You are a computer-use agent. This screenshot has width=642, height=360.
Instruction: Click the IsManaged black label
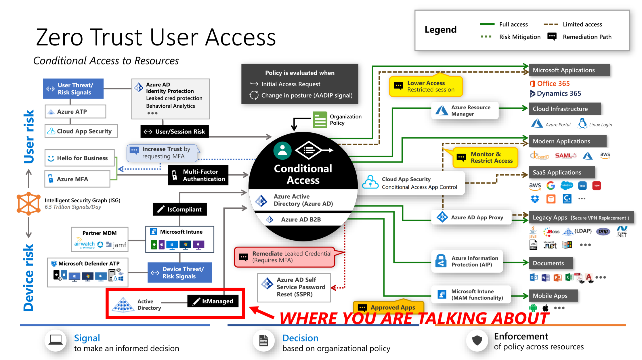click(x=213, y=301)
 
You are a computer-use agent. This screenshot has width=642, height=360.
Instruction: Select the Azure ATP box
click(x=75, y=112)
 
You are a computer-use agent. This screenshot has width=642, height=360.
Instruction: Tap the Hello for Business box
click(x=79, y=158)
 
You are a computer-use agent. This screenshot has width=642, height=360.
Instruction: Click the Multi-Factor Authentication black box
click(x=198, y=175)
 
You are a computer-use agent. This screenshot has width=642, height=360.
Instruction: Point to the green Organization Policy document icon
click(x=320, y=119)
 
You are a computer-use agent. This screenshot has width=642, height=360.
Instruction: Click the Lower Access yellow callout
click(x=426, y=86)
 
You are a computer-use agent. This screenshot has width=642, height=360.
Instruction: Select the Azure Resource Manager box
click(x=465, y=111)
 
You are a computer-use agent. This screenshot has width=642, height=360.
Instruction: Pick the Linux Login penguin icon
click(x=582, y=124)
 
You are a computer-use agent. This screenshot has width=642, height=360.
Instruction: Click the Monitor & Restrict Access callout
click(x=485, y=157)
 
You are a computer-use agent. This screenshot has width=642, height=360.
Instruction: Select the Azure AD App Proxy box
click(x=471, y=218)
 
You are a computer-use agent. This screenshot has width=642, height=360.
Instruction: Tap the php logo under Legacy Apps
click(x=603, y=231)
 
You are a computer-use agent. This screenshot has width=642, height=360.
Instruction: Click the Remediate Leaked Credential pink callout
click(x=285, y=257)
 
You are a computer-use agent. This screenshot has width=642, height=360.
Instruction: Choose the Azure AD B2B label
click(x=301, y=220)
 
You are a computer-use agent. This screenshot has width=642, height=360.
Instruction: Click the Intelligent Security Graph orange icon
click(x=28, y=203)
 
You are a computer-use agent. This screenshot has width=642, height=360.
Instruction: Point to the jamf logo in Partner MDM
click(x=116, y=245)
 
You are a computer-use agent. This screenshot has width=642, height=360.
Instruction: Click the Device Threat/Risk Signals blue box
click(x=180, y=273)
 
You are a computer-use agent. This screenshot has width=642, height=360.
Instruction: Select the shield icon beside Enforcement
click(x=477, y=340)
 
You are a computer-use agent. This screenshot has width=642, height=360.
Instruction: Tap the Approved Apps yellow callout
click(x=388, y=307)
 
